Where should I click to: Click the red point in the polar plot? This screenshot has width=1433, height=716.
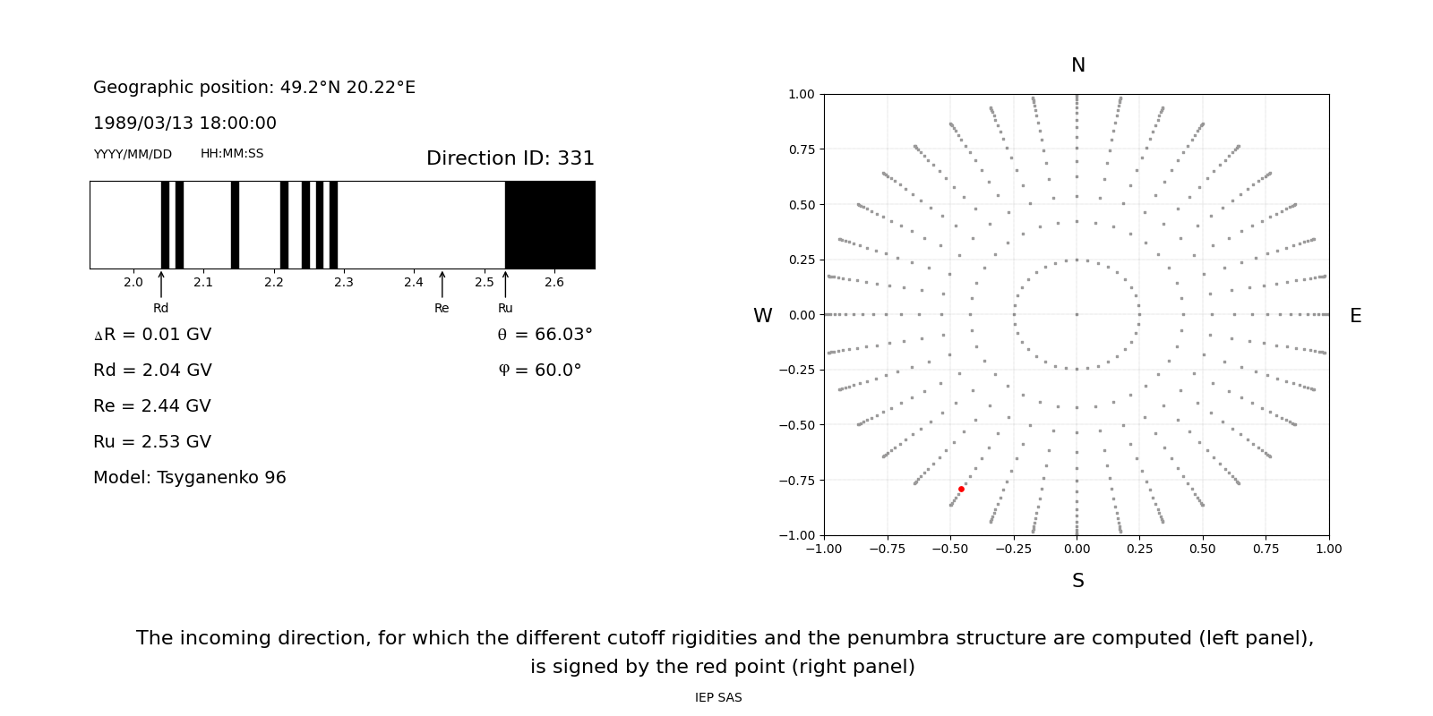[x=961, y=490]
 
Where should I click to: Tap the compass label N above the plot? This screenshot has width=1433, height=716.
[x=1077, y=65]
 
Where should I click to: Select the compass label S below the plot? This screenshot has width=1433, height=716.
[x=1077, y=581]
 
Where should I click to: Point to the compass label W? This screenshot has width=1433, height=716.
[x=762, y=316]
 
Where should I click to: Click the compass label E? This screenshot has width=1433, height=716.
[x=1355, y=316]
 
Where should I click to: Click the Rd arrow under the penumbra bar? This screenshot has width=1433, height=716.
[x=161, y=284]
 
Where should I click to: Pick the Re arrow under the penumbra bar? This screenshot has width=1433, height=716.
[x=442, y=284]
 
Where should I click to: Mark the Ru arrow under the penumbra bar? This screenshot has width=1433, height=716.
[x=505, y=284]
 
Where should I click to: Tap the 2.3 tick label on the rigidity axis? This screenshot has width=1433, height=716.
[x=344, y=283]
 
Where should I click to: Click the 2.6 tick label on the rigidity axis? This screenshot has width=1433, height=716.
[x=554, y=283]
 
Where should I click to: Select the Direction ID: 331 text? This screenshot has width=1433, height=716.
[x=510, y=158]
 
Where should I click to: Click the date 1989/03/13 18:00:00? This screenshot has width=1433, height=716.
[x=184, y=124]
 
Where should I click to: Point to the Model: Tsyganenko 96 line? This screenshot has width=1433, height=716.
[x=190, y=478]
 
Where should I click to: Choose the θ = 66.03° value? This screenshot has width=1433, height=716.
[x=545, y=335]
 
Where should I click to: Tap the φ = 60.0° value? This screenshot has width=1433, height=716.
[x=539, y=371]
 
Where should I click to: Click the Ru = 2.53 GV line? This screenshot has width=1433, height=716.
[x=152, y=442]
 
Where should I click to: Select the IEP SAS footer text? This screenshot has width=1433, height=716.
[x=718, y=698]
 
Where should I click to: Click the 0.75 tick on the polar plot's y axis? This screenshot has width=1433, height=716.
[x=801, y=149]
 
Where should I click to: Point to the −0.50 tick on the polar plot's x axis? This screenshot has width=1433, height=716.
[x=950, y=549]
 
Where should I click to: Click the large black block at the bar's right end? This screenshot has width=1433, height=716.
[x=550, y=225]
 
